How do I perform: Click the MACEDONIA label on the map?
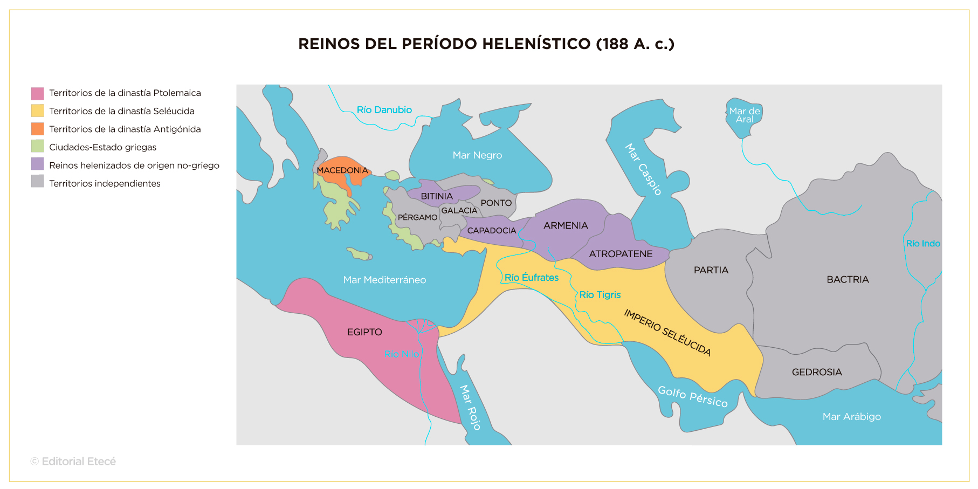(342, 170)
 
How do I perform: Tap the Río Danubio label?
(384, 110)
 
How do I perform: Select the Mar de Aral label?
(744, 115)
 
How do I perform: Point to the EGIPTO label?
(364, 332)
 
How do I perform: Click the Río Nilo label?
(402, 354)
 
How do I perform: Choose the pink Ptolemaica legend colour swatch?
(38, 93)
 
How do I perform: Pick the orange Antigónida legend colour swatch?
(38, 129)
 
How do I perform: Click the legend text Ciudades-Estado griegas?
(102, 147)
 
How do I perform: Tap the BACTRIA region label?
(848, 279)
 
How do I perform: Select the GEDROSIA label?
(816, 372)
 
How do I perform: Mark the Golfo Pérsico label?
(692, 397)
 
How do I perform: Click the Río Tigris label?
(600, 295)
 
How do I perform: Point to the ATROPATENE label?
(621, 254)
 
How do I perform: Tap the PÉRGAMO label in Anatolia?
(417, 217)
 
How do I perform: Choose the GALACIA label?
(459, 210)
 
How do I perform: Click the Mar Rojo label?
(470, 407)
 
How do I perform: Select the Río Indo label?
(922, 244)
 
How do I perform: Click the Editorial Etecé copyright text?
(73, 462)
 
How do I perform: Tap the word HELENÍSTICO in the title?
(536, 44)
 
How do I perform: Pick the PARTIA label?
(711, 270)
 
